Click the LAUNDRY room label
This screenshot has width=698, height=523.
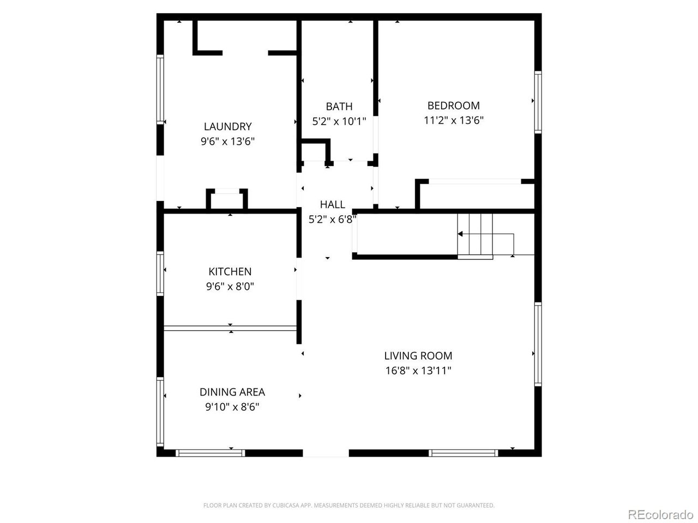(x=227, y=126)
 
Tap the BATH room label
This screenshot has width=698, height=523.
(x=339, y=106)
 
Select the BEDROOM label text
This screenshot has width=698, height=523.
(x=453, y=106)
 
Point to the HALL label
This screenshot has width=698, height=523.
(x=332, y=204)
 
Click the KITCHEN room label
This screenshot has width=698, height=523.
(x=230, y=271)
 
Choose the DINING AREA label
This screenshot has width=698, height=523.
(x=232, y=392)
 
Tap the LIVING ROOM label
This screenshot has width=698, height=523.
(x=418, y=356)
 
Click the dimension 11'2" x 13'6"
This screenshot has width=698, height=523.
(x=453, y=120)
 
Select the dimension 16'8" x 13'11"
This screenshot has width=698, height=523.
(x=418, y=371)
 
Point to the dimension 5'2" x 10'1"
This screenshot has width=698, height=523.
(x=339, y=121)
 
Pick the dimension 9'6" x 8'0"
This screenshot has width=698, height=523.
(x=230, y=287)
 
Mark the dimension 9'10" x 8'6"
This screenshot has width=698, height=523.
(x=232, y=407)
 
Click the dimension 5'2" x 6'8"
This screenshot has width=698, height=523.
(x=332, y=220)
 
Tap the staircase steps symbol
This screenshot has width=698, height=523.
(x=475, y=235)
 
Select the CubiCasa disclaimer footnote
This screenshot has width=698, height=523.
(x=349, y=506)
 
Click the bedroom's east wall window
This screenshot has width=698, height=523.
(x=538, y=102)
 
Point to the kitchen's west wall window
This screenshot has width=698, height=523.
(x=160, y=273)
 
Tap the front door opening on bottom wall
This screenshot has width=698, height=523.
(x=326, y=453)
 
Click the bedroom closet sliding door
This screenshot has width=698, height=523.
(x=474, y=181)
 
